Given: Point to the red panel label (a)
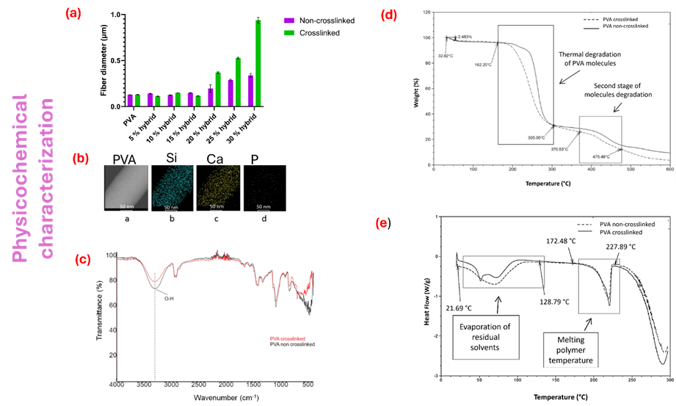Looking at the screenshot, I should click(x=73, y=12).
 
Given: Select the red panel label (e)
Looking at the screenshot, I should click(x=382, y=224).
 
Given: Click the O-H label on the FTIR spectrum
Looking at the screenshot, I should click(x=169, y=298).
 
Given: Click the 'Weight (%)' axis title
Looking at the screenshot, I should click(x=418, y=94).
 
